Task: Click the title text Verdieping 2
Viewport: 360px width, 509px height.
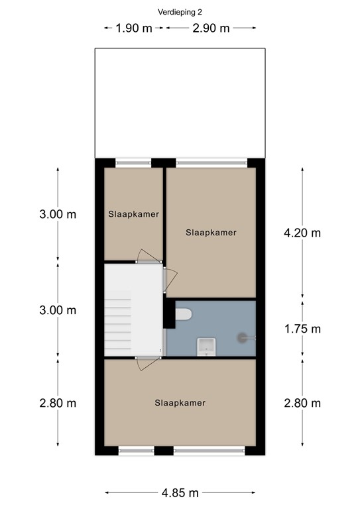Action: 180,13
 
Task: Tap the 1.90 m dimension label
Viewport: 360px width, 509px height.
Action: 134,28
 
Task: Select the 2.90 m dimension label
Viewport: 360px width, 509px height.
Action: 211,28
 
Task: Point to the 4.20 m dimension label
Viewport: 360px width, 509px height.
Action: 302,233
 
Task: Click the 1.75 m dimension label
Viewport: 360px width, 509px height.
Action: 302,329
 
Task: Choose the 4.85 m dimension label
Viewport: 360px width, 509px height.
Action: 180,493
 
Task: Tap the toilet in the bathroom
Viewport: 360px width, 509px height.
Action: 184,314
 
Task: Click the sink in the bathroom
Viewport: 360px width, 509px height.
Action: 206,347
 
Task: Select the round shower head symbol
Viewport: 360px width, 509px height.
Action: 242,338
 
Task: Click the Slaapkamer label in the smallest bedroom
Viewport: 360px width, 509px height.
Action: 134,214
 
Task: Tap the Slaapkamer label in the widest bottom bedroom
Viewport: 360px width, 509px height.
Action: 180,403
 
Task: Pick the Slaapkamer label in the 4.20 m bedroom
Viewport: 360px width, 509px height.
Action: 211,233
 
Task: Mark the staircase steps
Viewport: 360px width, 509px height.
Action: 117,325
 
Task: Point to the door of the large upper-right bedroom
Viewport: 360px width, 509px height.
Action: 170,280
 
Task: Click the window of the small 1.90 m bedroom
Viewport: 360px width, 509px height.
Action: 133,163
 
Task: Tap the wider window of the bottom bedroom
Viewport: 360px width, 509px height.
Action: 210,451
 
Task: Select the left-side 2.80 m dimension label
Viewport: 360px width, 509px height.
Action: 58,403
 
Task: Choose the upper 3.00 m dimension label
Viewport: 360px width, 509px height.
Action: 58,214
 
